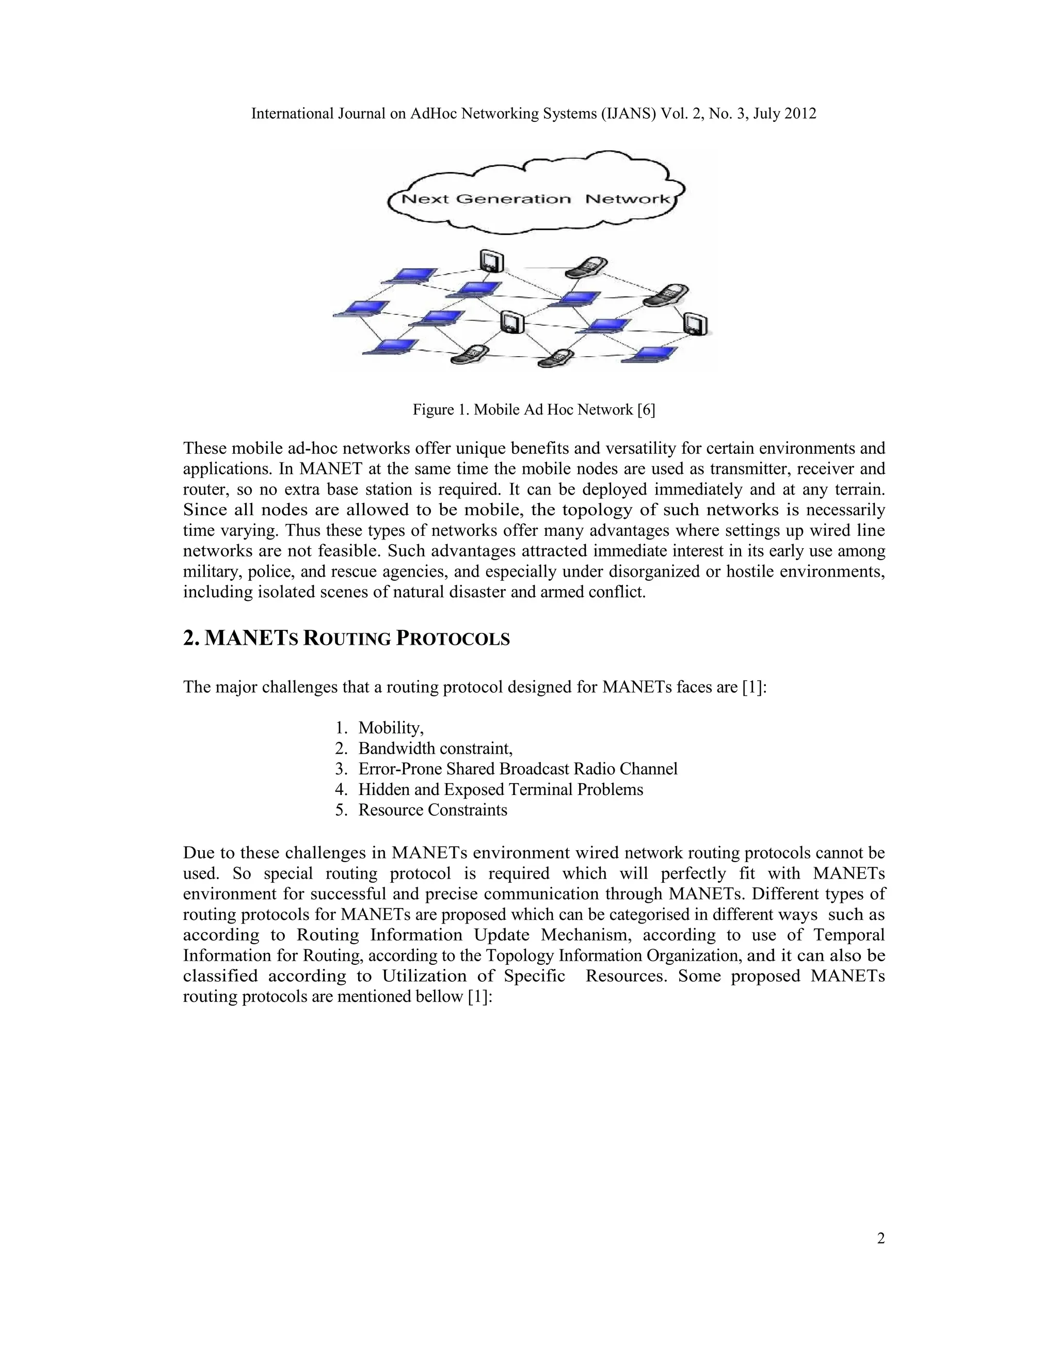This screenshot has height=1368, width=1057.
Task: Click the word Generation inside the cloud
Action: coord(513,199)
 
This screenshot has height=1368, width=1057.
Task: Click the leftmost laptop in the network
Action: coord(361,309)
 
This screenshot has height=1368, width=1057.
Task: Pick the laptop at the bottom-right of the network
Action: coord(653,354)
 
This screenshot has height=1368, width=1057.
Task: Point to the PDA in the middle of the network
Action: coord(511,322)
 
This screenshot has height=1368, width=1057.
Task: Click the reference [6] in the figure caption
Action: coord(646,410)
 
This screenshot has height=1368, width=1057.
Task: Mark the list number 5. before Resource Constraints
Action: coord(341,810)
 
